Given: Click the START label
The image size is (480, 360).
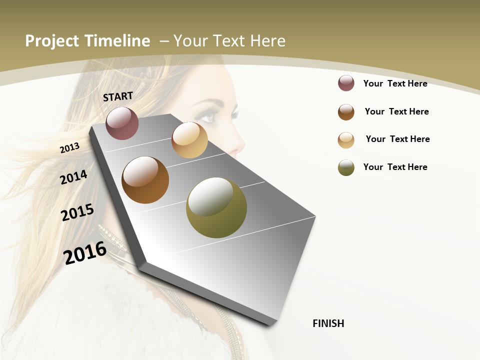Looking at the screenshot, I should [x=118, y=96].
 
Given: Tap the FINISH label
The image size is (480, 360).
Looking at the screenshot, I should [x=328, y=323].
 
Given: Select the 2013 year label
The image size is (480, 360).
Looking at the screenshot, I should [x=69, y=147].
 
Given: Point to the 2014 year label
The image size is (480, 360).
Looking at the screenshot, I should [x=73, y=177].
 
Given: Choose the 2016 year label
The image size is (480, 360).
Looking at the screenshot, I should [x=85, y=252].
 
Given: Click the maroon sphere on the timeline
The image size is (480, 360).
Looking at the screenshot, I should [x=122, y=123].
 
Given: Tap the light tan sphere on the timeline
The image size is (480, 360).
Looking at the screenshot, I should [x=189, y=140].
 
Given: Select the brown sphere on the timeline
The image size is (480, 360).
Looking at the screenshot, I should [x=145, y=180].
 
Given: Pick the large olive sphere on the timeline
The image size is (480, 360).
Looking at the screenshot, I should [x=216, y=207].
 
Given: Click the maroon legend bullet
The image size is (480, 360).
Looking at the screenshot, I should [x=346, y=83].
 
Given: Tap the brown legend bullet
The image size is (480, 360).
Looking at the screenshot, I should [x=346, y=112].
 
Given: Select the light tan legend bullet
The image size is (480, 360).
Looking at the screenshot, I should [x=346, y=140].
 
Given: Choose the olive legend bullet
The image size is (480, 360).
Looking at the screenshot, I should [x=346, y=167].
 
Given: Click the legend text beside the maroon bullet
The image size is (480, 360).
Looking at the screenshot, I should [x=395, y=83].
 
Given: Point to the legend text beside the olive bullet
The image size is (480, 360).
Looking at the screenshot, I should [x=395, y=167].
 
